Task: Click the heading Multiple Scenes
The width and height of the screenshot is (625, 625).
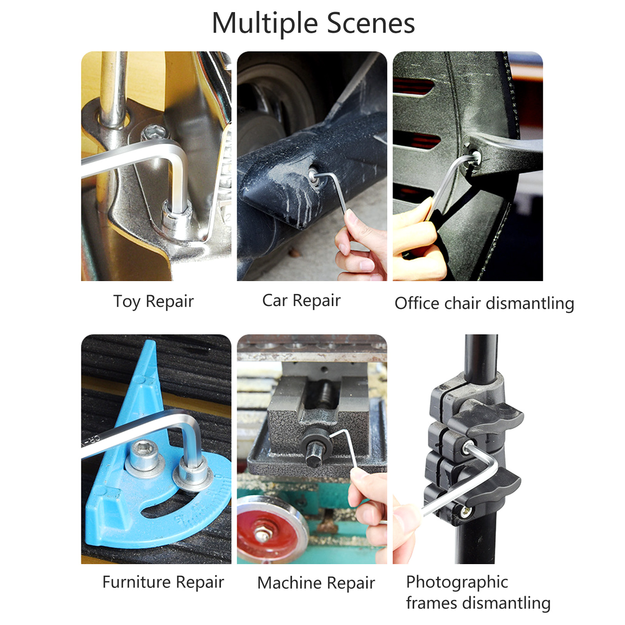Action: click(313, 23)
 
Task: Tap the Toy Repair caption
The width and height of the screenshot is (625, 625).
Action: click(153, 302)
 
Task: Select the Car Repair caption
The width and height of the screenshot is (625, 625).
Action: click(301, 301)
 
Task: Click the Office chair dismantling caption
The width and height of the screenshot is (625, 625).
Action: click(484, 303)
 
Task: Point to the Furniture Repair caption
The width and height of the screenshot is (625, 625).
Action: click(163, 582)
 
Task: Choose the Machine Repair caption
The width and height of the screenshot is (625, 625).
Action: click(316, 583)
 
